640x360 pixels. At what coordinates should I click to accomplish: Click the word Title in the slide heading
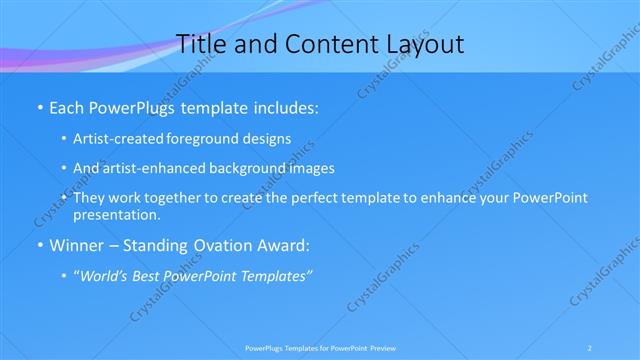(x=200, y=43)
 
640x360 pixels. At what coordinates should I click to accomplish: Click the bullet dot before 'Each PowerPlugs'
(x=38, y=105)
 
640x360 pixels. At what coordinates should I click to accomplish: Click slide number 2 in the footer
(x=590, y=348)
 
